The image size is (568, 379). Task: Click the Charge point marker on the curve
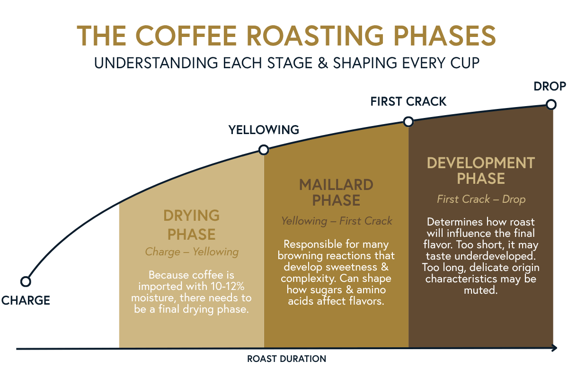click(x=26, y=281)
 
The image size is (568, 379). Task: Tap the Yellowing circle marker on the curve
click(x=264, y=150)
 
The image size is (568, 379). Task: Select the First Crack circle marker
click(x=408, y=122)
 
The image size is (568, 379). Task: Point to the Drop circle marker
click(x=550, y=104)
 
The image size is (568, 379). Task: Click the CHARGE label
click(x=26, y=300)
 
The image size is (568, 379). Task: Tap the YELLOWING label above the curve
click(x=264, y=130)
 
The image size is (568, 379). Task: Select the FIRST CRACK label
click(x=408, y=101)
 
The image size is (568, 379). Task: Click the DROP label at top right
click(x=550, y=86)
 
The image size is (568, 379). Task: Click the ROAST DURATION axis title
click(x=286, y=359)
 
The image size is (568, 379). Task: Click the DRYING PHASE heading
click(x=192, y=225)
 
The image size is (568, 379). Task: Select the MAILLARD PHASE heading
click(x=336, y=192)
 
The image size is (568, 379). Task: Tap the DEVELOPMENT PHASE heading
click(x=480, y=171)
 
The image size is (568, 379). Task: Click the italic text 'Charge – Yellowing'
click(x=192, y=252)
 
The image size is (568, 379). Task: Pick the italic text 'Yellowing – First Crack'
click(x=337, y=221)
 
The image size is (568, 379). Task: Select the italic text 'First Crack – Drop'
click(x=481, y=199)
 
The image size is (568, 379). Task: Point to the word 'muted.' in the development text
click(x=480, y=290)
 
